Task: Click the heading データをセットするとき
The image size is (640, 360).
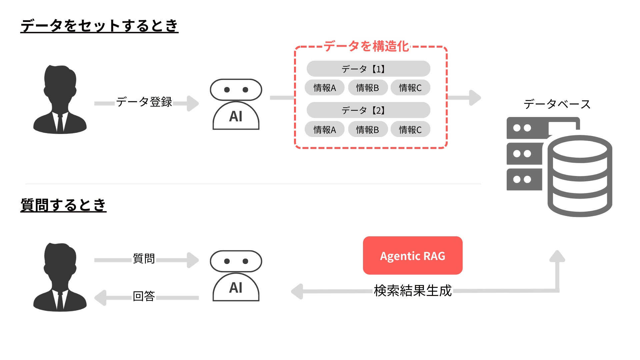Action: point(99,26)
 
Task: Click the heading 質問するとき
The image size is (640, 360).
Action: point(63,205)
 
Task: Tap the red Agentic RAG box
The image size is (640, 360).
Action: point(412,256)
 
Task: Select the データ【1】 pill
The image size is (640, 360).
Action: point(368,69)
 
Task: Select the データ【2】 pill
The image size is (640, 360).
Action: point(368,110)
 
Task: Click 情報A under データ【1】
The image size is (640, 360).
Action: point(324,88)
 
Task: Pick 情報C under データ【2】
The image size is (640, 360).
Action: point(410,129)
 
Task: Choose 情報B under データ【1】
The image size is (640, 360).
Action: point(367,88)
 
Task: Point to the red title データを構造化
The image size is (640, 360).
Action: point(366,46)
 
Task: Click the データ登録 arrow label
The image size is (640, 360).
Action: point(144,102)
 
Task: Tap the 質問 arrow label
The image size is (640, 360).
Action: point(144,258)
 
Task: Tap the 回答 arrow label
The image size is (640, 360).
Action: point(144,296)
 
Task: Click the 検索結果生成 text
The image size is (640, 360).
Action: point(412,291)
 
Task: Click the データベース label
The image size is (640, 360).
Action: point(557,104)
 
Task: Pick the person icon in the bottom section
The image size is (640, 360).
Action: point(60,277)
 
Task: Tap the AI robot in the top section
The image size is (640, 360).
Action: point(236,104)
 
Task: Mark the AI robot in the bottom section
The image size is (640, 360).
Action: point(236,276)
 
